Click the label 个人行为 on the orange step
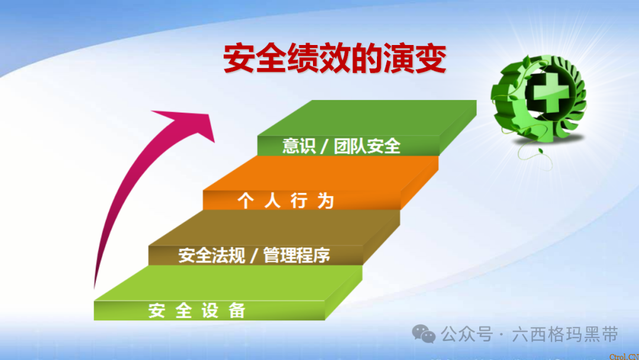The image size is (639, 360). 286,201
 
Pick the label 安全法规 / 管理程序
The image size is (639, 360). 254,256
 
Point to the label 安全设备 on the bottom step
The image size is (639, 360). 197,310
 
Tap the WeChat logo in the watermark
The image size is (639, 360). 424,335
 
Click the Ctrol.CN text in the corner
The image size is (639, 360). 624,355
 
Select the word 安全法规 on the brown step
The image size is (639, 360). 211,256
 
